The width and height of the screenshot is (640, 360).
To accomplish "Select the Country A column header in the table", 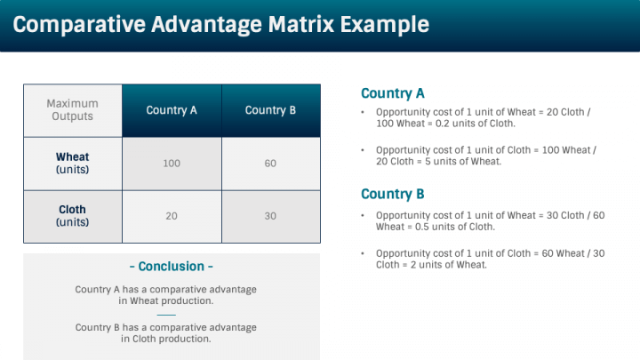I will pos(172,110).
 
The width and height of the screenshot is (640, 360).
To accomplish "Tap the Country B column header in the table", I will pos(270,110).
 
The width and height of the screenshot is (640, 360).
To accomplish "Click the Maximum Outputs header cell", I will pos(72,110).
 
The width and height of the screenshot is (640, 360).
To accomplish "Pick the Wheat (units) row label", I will pos(72,164).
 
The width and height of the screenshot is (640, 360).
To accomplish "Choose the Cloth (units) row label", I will pos(72,216).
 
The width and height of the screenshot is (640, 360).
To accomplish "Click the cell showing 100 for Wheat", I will pos(172,164).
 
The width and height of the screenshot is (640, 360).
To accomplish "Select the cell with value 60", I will pos(270,164).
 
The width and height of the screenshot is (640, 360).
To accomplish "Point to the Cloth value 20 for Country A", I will pos(172,216).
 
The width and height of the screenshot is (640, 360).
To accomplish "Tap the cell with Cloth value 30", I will pos(270,216).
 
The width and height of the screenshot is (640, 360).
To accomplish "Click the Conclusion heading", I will pos(172,267).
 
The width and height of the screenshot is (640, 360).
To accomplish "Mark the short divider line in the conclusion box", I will pos(166,314).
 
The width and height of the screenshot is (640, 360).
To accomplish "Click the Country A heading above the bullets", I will pos(392,93).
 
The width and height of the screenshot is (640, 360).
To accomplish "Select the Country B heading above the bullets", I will pos(392,194).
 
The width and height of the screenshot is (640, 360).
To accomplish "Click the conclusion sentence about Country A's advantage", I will pos(166,295).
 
